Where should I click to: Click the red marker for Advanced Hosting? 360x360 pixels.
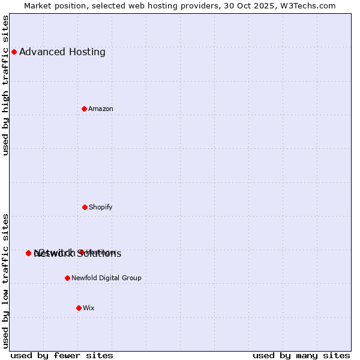(14, 52)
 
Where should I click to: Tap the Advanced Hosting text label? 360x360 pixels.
(62, 52)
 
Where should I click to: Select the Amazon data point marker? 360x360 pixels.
(85, 109)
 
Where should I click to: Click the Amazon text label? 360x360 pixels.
(101, 109)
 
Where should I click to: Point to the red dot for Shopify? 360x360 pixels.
(85, 207)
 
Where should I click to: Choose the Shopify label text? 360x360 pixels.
(101, 208)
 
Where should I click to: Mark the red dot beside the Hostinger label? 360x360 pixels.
(81, 252)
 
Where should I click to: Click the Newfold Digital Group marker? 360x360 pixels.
(67, 278)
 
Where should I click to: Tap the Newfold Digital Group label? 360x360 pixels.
(106, 278)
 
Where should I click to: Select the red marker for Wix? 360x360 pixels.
(79, 308)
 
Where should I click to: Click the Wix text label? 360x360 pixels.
(89, 308)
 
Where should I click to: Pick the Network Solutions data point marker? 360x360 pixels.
(28, 253)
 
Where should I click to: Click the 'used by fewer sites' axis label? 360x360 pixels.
(62, 355)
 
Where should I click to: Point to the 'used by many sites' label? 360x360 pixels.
(301, 355)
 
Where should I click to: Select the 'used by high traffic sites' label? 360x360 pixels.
(6, 85)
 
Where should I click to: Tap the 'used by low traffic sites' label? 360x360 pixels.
(6, 281)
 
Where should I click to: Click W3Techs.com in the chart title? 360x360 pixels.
(309, 5)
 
